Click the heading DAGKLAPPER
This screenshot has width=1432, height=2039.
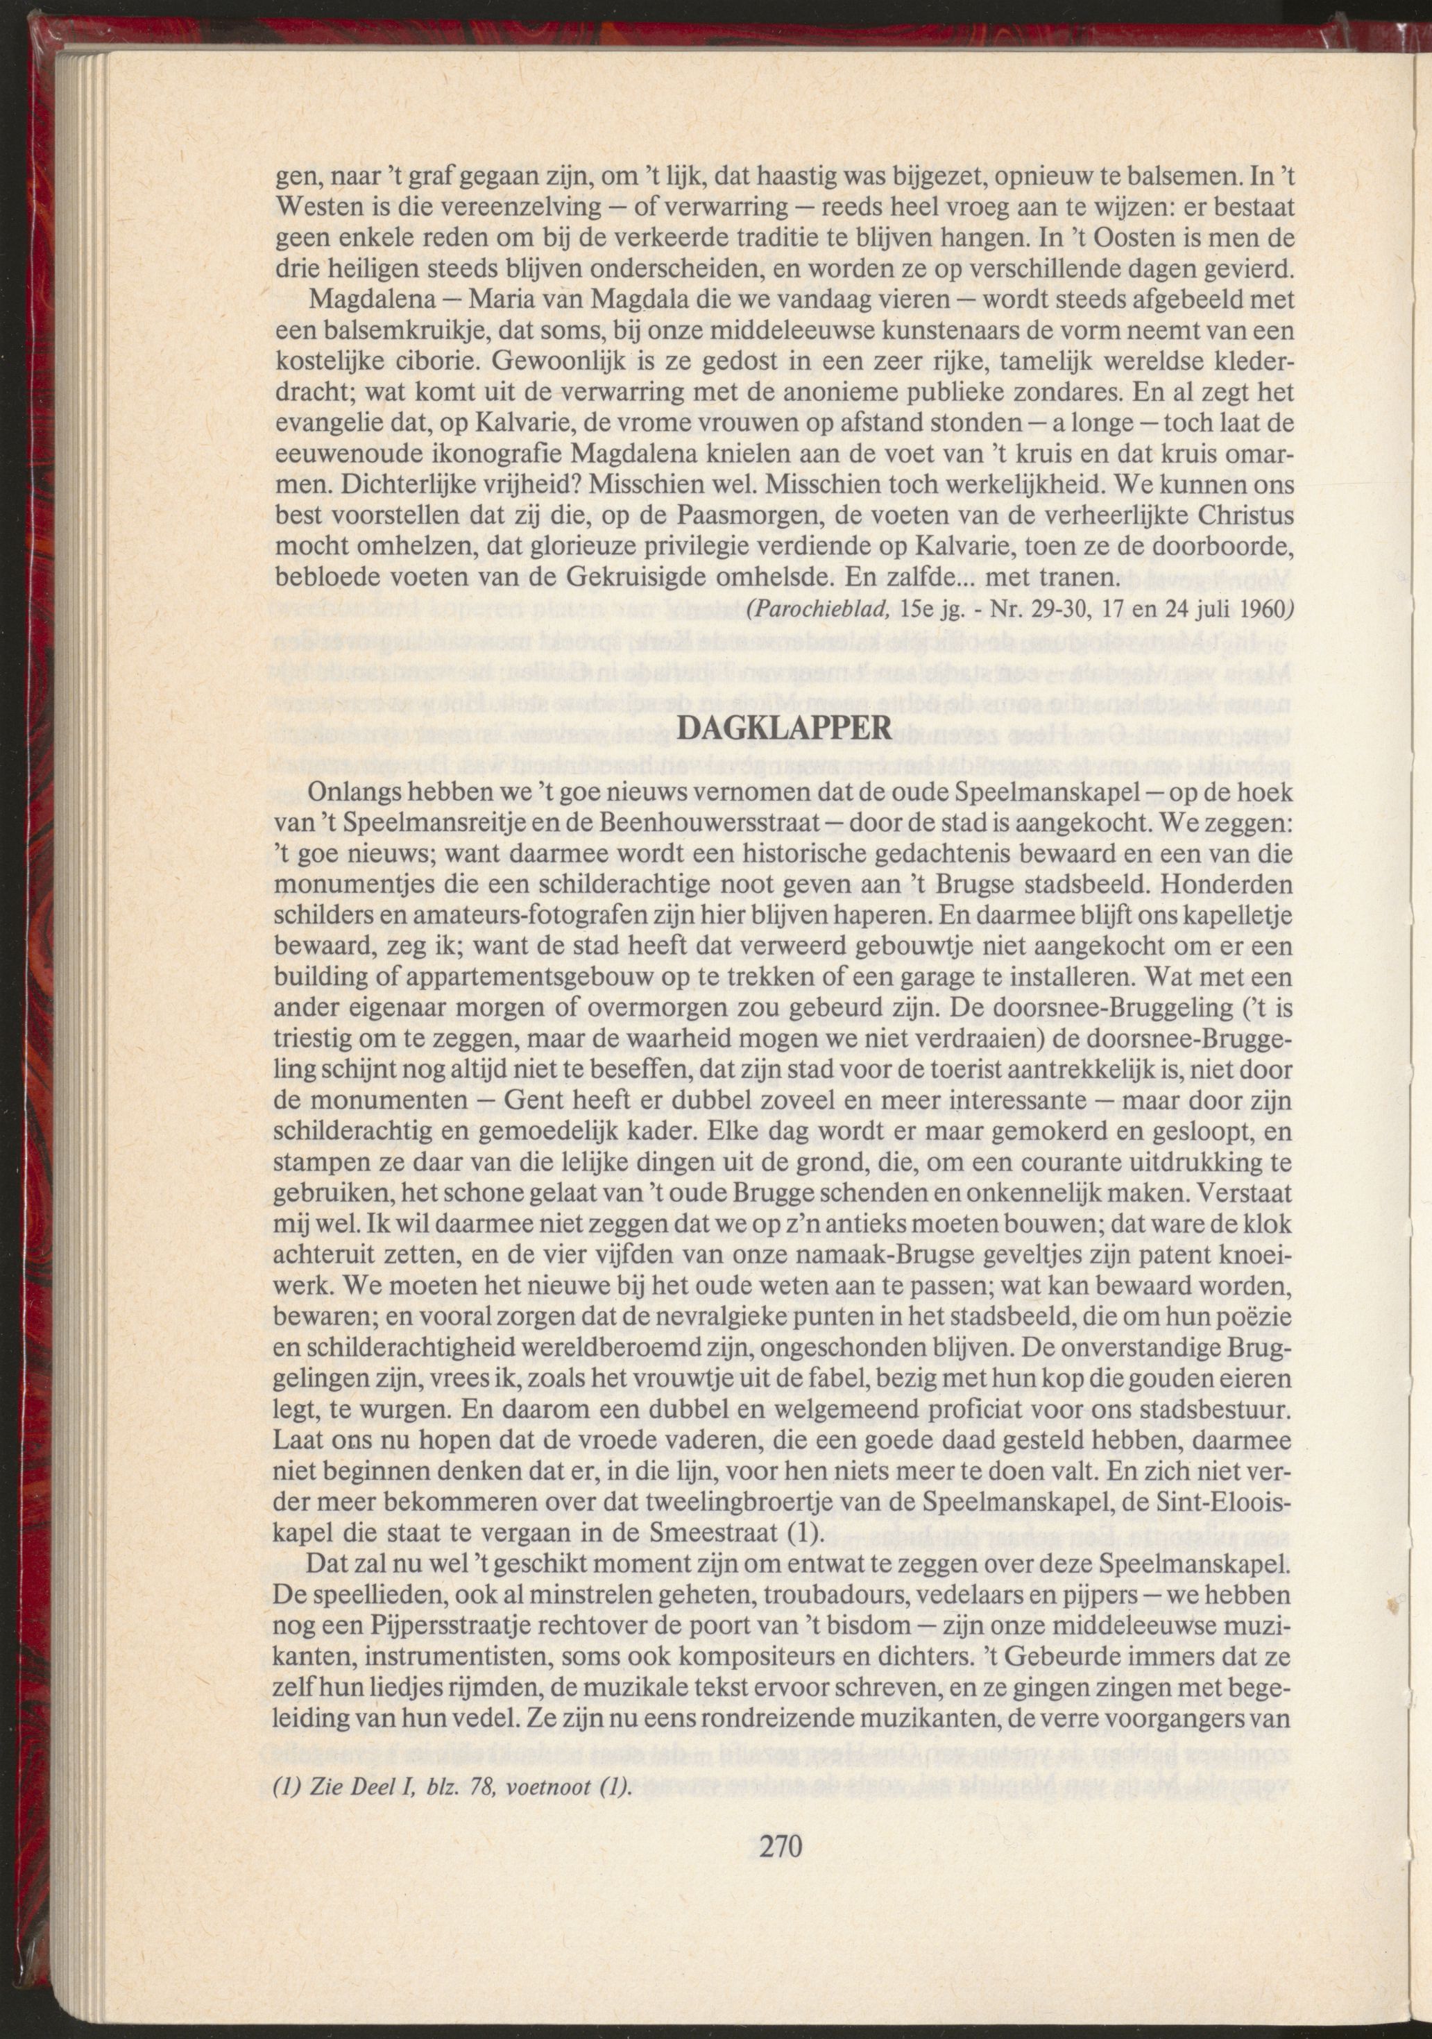click(x=782, y=726)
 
